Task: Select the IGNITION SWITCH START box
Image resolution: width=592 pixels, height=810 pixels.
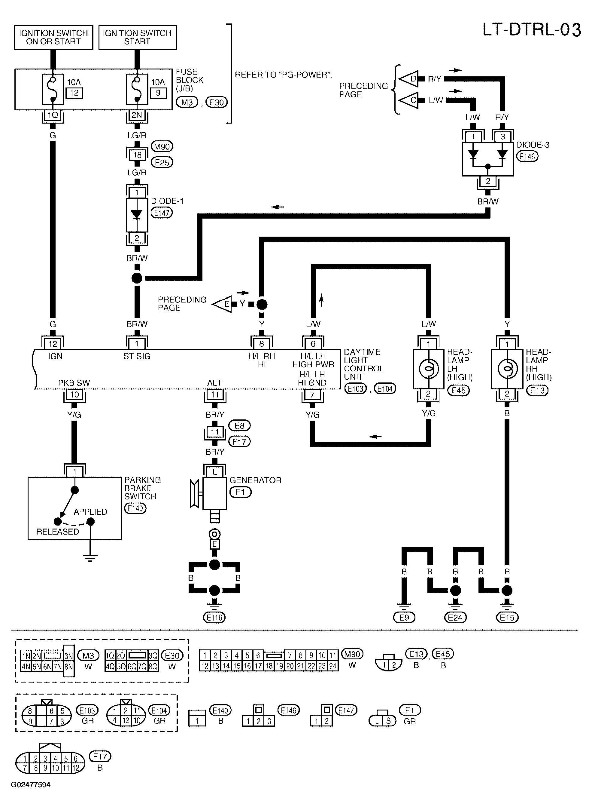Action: [138, 37]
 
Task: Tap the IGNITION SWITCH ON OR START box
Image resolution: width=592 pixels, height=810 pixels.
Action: [54, 37]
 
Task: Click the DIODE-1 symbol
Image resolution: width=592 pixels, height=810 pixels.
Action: [137, 215]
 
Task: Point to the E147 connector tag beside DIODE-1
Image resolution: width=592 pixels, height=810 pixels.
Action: [162, 213]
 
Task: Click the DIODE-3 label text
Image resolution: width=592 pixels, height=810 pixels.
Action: [533, 145]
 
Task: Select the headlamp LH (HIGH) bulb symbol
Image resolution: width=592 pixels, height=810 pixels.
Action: [428, 369]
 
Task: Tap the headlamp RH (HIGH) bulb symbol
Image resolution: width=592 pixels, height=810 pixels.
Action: [507, 369]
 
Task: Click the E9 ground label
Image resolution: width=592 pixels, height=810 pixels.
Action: [404, 617]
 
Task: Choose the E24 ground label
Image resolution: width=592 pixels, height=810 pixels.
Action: [455, 617]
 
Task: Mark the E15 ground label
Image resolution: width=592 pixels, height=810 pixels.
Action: [507, 617]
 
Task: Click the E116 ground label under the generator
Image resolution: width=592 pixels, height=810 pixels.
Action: [214, 617]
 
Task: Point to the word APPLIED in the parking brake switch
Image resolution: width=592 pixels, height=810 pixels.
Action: [90, 512]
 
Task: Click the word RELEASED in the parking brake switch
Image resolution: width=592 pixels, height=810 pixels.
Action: [58, 532]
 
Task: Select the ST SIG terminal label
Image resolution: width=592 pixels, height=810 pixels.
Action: [137, 356]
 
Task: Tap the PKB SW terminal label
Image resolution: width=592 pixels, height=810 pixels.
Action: [74, 383]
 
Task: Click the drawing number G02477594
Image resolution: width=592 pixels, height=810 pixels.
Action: [31, 784]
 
